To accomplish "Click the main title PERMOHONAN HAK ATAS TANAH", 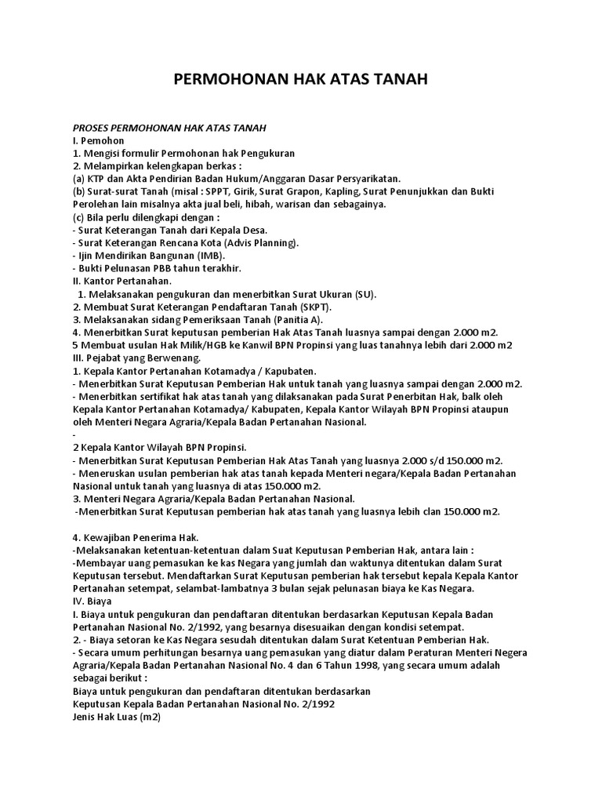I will [300, 81].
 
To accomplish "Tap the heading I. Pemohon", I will [99, 140].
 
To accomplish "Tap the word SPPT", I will [222, 191].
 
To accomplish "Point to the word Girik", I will [253, 191].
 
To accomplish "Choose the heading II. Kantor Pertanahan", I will [121, 281].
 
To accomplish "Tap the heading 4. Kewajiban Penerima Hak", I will [136, 536].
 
